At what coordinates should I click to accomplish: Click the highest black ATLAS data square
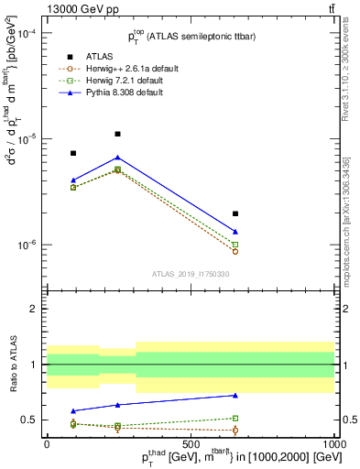pos(117,134)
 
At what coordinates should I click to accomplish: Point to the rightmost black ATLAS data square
pos(235,213)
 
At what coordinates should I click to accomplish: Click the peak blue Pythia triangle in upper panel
pos(117,158)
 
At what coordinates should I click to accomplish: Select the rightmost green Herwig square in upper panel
pos(235,245)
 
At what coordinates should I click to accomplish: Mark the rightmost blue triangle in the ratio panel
pos(235,396)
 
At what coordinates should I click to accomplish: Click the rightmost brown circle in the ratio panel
pos(235,430)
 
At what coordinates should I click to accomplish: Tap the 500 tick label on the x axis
pos(191,443)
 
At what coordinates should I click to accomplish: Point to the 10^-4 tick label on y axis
pos(25,34)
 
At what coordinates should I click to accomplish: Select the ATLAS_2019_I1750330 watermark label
pos(191,274)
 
